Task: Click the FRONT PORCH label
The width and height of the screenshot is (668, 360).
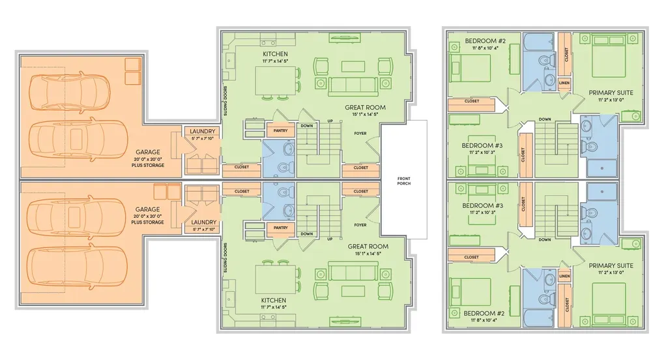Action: point(403,181)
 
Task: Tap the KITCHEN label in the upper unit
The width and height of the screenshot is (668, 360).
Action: point(275,53)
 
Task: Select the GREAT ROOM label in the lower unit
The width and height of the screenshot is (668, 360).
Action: point(368,246)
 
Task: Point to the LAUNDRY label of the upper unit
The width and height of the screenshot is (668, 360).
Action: point(203,131)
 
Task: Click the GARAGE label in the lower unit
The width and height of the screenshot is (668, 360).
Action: point(147,209)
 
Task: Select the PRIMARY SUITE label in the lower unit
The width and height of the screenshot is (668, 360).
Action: point(611,265)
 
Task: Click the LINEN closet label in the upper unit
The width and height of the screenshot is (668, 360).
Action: point(564,83)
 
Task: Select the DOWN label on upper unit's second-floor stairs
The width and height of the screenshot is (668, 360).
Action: point(544,119)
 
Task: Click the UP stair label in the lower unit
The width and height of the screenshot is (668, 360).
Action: point(330,239)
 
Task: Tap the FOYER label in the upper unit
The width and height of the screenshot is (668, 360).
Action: point(360,134)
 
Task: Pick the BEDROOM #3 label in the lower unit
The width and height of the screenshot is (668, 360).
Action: point(483,205)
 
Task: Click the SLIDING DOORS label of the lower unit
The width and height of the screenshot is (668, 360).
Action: point(225,258)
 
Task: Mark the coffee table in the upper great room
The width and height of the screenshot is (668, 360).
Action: point(353,67)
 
